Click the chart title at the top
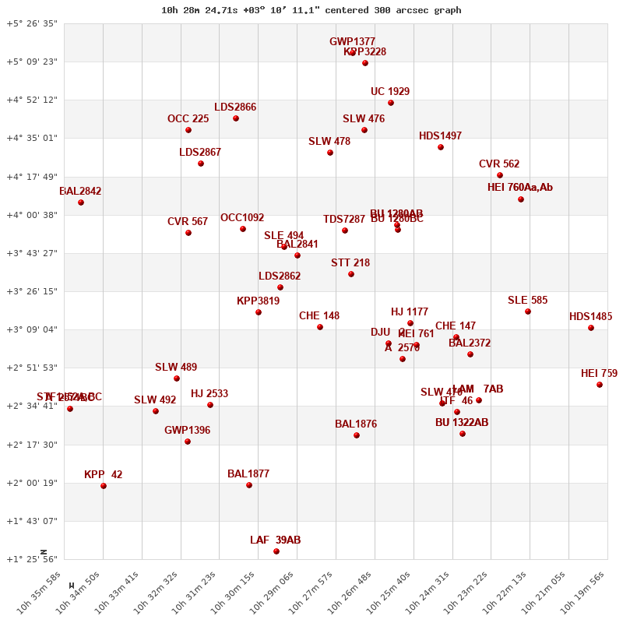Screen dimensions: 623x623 point(311,10)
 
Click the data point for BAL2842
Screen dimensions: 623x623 point(81,202)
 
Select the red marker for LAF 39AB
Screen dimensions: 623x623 point(276,551)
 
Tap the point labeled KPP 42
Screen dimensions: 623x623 point(104,486)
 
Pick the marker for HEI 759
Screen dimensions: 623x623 point(600,385)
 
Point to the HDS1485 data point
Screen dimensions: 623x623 point(591,328)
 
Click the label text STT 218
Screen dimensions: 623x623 point(350,263)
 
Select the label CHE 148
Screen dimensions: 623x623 point(319,316)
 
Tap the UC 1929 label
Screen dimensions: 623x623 point(390,92)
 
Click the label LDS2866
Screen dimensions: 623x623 point(235,107)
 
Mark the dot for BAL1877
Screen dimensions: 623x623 point(249,485)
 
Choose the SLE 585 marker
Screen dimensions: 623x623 point(528,311)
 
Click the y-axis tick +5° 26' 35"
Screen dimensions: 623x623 point(32,23)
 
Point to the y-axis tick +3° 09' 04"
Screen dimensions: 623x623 point(32,329)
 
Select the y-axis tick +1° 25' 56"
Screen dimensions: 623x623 point(32,559)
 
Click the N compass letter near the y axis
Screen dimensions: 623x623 point(44,552)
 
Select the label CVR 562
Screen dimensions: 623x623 point(499,164)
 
